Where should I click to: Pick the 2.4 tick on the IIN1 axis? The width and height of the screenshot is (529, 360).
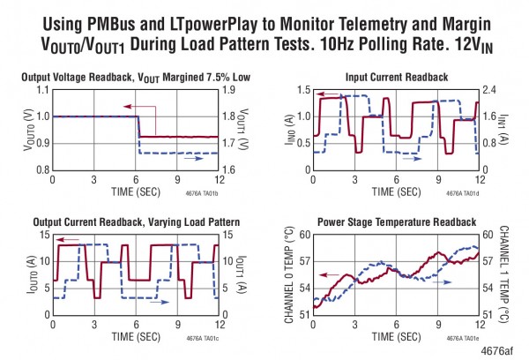(x=492, y=90)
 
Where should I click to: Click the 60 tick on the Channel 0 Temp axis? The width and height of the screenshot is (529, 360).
(x=305, y=235)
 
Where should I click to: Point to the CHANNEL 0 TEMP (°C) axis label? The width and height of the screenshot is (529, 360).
(x=288, y=274)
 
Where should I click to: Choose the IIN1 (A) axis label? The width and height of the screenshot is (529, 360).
(x=510, y=130)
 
